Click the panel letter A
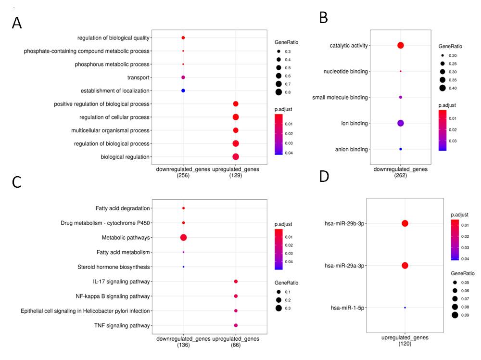coord(17,23)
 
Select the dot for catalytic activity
coord(401,45)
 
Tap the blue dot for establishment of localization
coord(183,90)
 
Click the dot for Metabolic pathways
coord(183,237)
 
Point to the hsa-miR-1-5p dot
coord(405,308)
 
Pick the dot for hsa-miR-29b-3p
coord(405,223)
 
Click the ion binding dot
coord(401,123)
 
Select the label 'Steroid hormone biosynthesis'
coord(114,267)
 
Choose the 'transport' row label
coord(139,77)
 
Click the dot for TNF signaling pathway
coord(236,326)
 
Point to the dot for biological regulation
coord(236,156)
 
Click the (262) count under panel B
coord(401,175)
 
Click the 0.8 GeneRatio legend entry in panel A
coord(284,92)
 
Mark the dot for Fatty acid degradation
coord(183,208)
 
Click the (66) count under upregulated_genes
coord(236,346)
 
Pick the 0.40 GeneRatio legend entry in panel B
coord(449,88)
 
